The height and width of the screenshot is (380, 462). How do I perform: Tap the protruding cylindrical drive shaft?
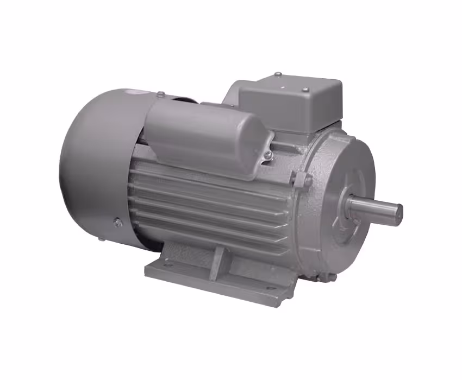coord(375,209)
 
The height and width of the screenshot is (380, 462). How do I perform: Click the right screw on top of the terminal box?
coord(305,90)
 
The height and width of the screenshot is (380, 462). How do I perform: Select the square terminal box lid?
coord(291,100)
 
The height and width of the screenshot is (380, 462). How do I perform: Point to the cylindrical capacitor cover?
coord(207,133)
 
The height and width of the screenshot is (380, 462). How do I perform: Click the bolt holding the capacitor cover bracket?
coord(268,156)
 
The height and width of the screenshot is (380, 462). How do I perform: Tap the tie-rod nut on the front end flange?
coord(301,180)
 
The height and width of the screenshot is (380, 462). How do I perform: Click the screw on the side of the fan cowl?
coord(116,221)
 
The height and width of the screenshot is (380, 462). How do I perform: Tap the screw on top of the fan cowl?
coord(161,94)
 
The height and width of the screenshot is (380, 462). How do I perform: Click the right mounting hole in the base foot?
coord(268,288)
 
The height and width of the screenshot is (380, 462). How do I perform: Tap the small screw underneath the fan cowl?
coord(101,238)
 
